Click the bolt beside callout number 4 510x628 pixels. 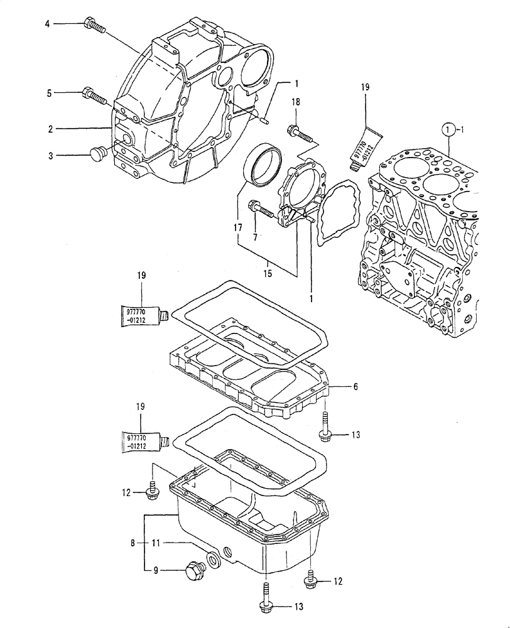pyautogui.click(x=94, y=26)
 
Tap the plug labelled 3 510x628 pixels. pyautogui.click(x=97, y=153)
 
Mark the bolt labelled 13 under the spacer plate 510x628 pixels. pyautogui.click(x=325, y=426)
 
